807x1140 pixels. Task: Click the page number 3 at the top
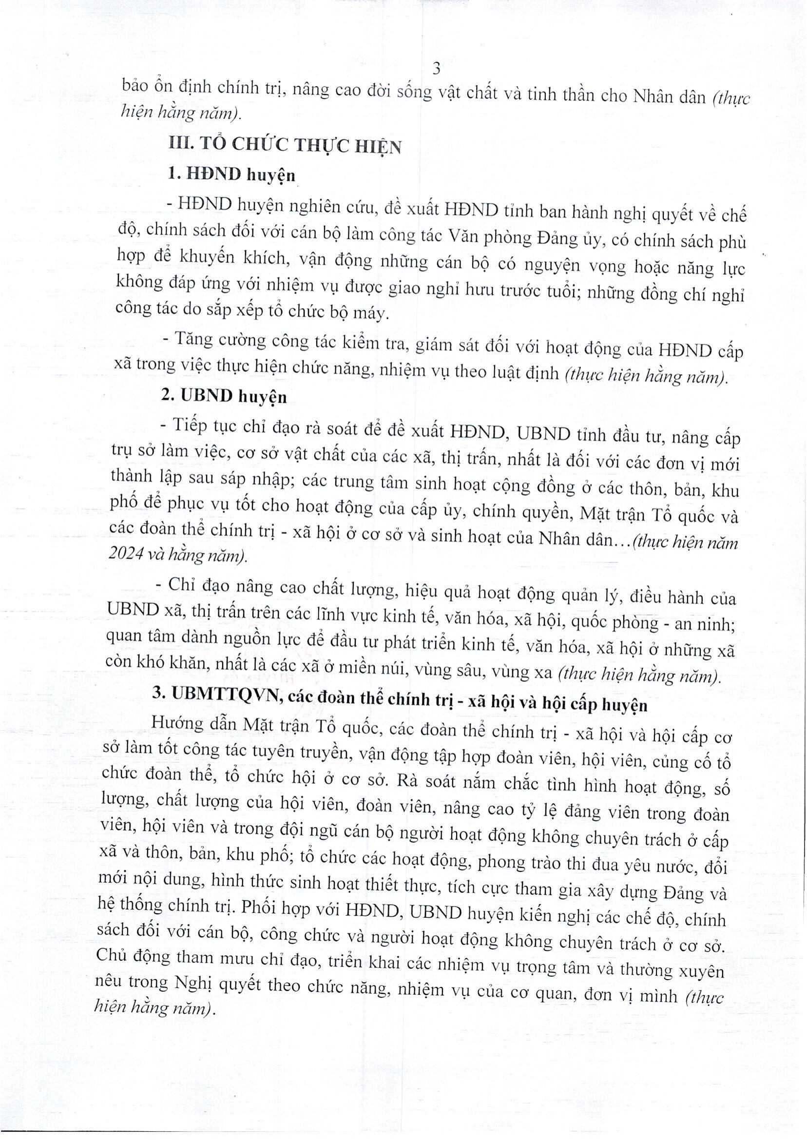437,69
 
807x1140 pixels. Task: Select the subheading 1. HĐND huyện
231,175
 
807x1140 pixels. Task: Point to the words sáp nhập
261,480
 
